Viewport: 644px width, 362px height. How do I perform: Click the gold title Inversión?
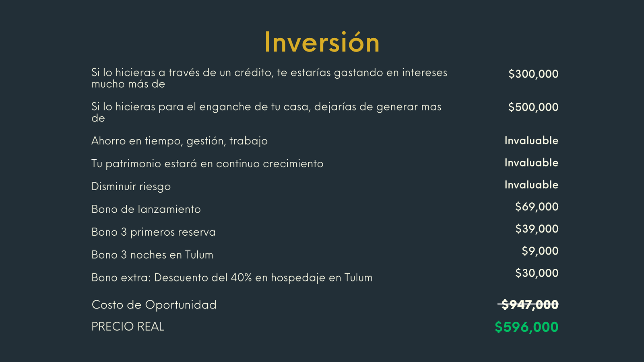(x=322, y=43)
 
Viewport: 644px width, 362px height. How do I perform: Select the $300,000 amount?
(x=533, y=74)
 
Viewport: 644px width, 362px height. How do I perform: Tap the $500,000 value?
(x=533, y=107)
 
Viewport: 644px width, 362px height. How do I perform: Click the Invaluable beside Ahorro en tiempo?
(x=531, y=141)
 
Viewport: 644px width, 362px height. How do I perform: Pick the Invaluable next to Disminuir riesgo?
(x=531, y=185)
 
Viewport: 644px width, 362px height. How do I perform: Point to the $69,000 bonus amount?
(x=537, y=207)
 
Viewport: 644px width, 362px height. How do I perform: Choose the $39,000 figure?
(x=537, y=229)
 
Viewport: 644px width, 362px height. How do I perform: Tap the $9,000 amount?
(x=540, y=251)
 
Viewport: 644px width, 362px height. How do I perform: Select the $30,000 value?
(x=537, y=273)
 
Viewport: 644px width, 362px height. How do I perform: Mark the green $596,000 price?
(x=526, y=327)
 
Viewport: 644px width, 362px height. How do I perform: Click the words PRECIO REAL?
(x=128, y=327)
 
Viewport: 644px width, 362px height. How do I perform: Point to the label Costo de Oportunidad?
(x=154, y=305)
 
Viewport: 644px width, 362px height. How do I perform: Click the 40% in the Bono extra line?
(x=241, y=278)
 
